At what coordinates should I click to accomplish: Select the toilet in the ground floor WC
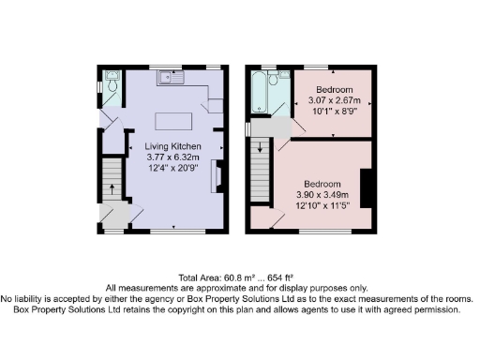tap(112, 84)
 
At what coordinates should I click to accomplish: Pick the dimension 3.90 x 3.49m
tap(320, 193)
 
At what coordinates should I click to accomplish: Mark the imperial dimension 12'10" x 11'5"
tap(320, 204)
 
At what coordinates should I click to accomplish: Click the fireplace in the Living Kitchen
tap(216, 175)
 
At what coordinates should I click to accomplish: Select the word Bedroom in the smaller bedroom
tap(333, 87)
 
